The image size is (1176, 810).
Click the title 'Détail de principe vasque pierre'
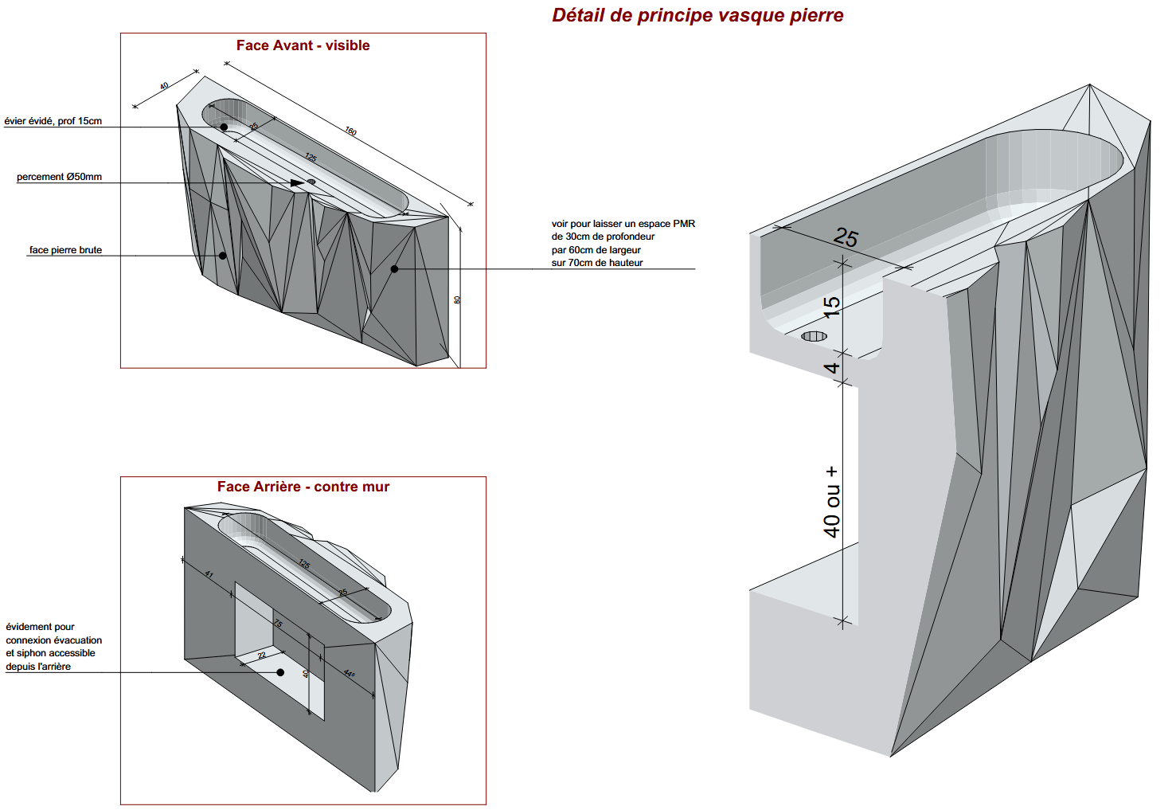[697, 16]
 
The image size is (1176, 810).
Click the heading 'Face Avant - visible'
[303, 45]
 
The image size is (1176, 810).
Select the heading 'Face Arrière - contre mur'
[303, 487]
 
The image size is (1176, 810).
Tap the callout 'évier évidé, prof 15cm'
[53, 121]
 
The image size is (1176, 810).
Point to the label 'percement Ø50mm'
[59, 177]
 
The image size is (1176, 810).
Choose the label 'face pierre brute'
[65, 250]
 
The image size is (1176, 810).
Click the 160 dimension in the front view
[350, 131]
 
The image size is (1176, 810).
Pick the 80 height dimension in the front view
[457, 300]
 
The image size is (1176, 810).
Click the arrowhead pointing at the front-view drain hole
[298, 183]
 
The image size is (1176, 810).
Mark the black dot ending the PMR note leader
[394, 269]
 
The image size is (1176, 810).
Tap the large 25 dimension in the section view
[846, 237]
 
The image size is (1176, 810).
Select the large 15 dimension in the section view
[832, 307]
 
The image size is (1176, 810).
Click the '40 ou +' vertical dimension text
[831, 502]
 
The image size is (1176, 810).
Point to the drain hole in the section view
[814, 336]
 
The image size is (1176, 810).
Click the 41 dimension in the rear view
[209, 574]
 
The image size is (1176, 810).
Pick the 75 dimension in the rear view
[278, 623]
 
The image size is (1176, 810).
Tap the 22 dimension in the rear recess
[262, 655]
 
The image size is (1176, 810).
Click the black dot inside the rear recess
[280, 672]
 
